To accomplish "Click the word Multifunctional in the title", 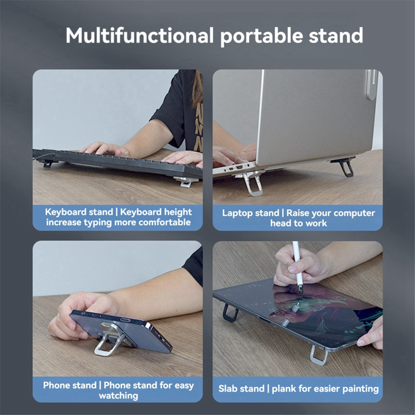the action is click(140, 36).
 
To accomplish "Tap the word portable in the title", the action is click(262, 36).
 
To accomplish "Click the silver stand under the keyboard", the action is click(186, 182).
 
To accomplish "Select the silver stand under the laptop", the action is click(250, 183).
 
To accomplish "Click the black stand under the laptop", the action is click(344, 167).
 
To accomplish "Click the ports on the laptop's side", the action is click(235, 168).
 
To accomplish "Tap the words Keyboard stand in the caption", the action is click(79, 212).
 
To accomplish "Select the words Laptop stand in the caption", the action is click(250, 213).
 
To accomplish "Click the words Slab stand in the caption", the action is click(241, 389).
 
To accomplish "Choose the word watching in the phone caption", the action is click(118, 396).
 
